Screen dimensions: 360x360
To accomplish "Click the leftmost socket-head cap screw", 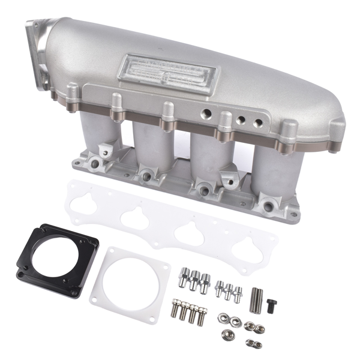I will tap(176, 310).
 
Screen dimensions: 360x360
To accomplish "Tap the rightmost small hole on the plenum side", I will tap(257, 123).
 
